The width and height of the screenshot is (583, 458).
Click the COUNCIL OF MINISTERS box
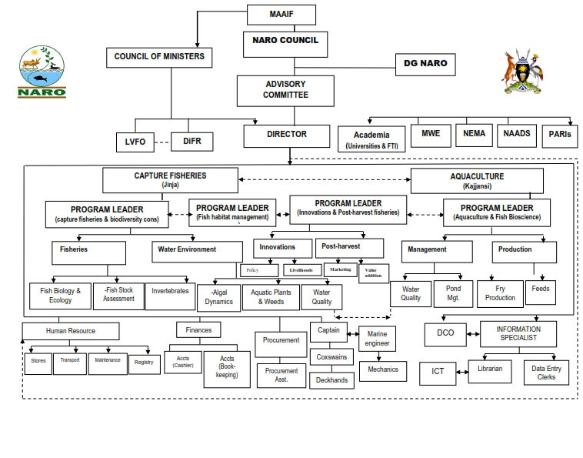158,57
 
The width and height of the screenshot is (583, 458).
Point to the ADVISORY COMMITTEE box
285,90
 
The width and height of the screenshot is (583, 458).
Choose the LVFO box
135,141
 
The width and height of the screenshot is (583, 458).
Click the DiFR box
192,141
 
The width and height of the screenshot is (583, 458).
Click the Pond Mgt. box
453,293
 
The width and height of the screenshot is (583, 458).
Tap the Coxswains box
331,357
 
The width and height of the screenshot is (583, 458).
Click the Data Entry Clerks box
547,372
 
